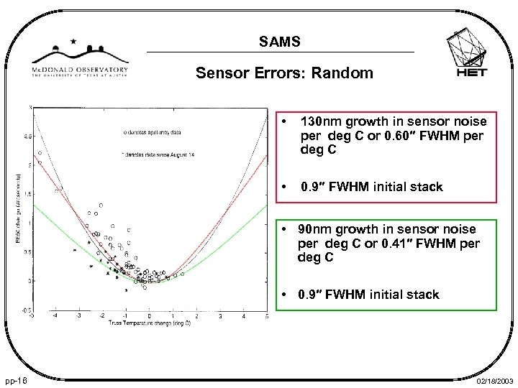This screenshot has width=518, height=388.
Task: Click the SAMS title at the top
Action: point(280,42)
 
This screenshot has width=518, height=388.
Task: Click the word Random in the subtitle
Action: point(348,73)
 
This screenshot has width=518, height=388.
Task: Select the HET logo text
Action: point(471,72)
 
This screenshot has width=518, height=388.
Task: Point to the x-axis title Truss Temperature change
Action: point(149,323)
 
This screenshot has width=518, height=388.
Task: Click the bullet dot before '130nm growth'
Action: point(286,122)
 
